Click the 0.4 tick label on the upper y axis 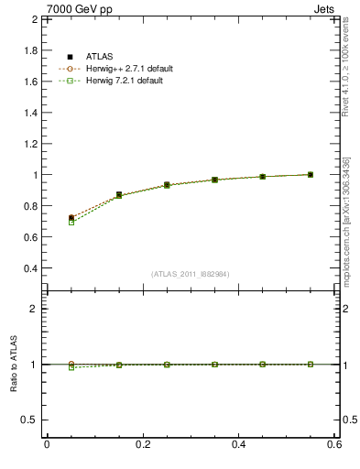tap(29, 268)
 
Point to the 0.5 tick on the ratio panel tap(29, 420)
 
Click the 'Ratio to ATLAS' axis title tap(13, 365)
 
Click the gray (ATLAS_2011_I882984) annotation tap(191, 274)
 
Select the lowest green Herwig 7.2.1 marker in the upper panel tap(71, 223)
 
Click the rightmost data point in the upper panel tap(311, 174)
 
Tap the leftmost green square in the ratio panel tap(71, 367)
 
